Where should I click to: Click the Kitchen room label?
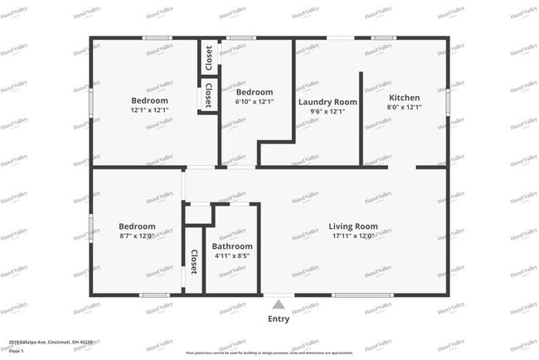(404, 97)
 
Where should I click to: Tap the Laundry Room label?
(328, 102)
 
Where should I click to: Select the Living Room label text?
(353, 226)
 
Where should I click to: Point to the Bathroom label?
(232, 246)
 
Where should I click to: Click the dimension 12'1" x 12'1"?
(149, 110)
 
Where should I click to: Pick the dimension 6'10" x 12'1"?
(252, 102)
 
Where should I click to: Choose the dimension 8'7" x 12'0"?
(137, 236)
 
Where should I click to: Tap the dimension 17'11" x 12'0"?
(353, 236)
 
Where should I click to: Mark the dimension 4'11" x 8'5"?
(232, 256)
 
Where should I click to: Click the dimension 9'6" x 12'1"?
(328, 112)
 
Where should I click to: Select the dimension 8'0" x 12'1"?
(404, 107)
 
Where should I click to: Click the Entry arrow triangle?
(279, 304)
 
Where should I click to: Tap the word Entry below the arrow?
(279, 319)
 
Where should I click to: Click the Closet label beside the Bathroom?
(194, 262)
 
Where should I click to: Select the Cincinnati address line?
(51, 341)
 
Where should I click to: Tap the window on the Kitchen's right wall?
(448, 101)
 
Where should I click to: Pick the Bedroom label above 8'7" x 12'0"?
(137, 226)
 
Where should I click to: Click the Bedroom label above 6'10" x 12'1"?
(252, 92)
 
